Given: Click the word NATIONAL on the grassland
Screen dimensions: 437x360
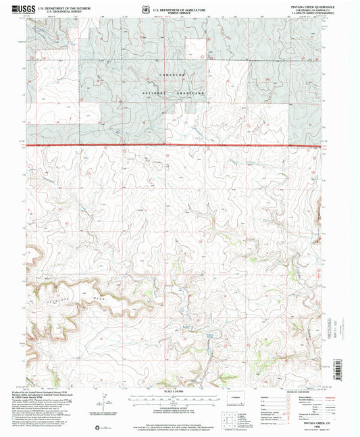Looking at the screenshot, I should [x=153, y=91].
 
